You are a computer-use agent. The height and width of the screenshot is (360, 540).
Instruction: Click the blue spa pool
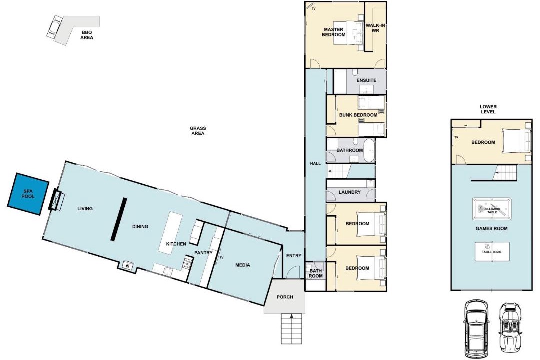pyautogui.click(x=28, y=194)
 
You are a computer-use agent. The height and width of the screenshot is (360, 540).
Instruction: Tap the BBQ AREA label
pyautogui.click(x=87, y=35)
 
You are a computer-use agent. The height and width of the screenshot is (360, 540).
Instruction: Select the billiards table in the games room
pyautogui.click(x=492, y=208)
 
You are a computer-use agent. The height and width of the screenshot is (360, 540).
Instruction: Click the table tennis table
pyautogui.click(x=492, y=251)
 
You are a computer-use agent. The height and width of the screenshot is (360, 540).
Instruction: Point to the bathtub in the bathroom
pyautogui.click(x=369, y=151)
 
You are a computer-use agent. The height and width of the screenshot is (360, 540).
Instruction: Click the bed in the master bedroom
pyautogui.click(x=348, y=33)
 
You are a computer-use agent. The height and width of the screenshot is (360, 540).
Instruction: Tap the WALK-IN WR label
pyautogui.click(x=375, y=28)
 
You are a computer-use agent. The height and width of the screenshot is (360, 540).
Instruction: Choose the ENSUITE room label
pyautogui.click(x=366, y=80)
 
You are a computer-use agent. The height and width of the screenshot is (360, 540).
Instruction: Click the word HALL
pyautogui.click(x=315, y=163)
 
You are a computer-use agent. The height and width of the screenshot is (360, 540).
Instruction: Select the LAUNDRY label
pyautogui.click(x=349, y=192)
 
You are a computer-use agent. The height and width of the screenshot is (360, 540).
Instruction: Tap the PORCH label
pyautogui.click(x=285, y=297)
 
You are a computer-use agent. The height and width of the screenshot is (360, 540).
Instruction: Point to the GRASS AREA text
pyautogui.click(x=198, y=131)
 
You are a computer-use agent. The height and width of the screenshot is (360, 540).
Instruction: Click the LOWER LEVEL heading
pyautogui.click(x=488, y=109)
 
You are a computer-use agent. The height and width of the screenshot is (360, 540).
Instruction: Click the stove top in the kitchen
pyautogui.click(x=188, y=264)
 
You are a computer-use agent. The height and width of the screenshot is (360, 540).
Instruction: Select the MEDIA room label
pyautogui.click(x=243, y=265)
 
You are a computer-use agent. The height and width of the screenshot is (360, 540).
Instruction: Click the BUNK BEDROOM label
pyautogui.click(x=358, y=115)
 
